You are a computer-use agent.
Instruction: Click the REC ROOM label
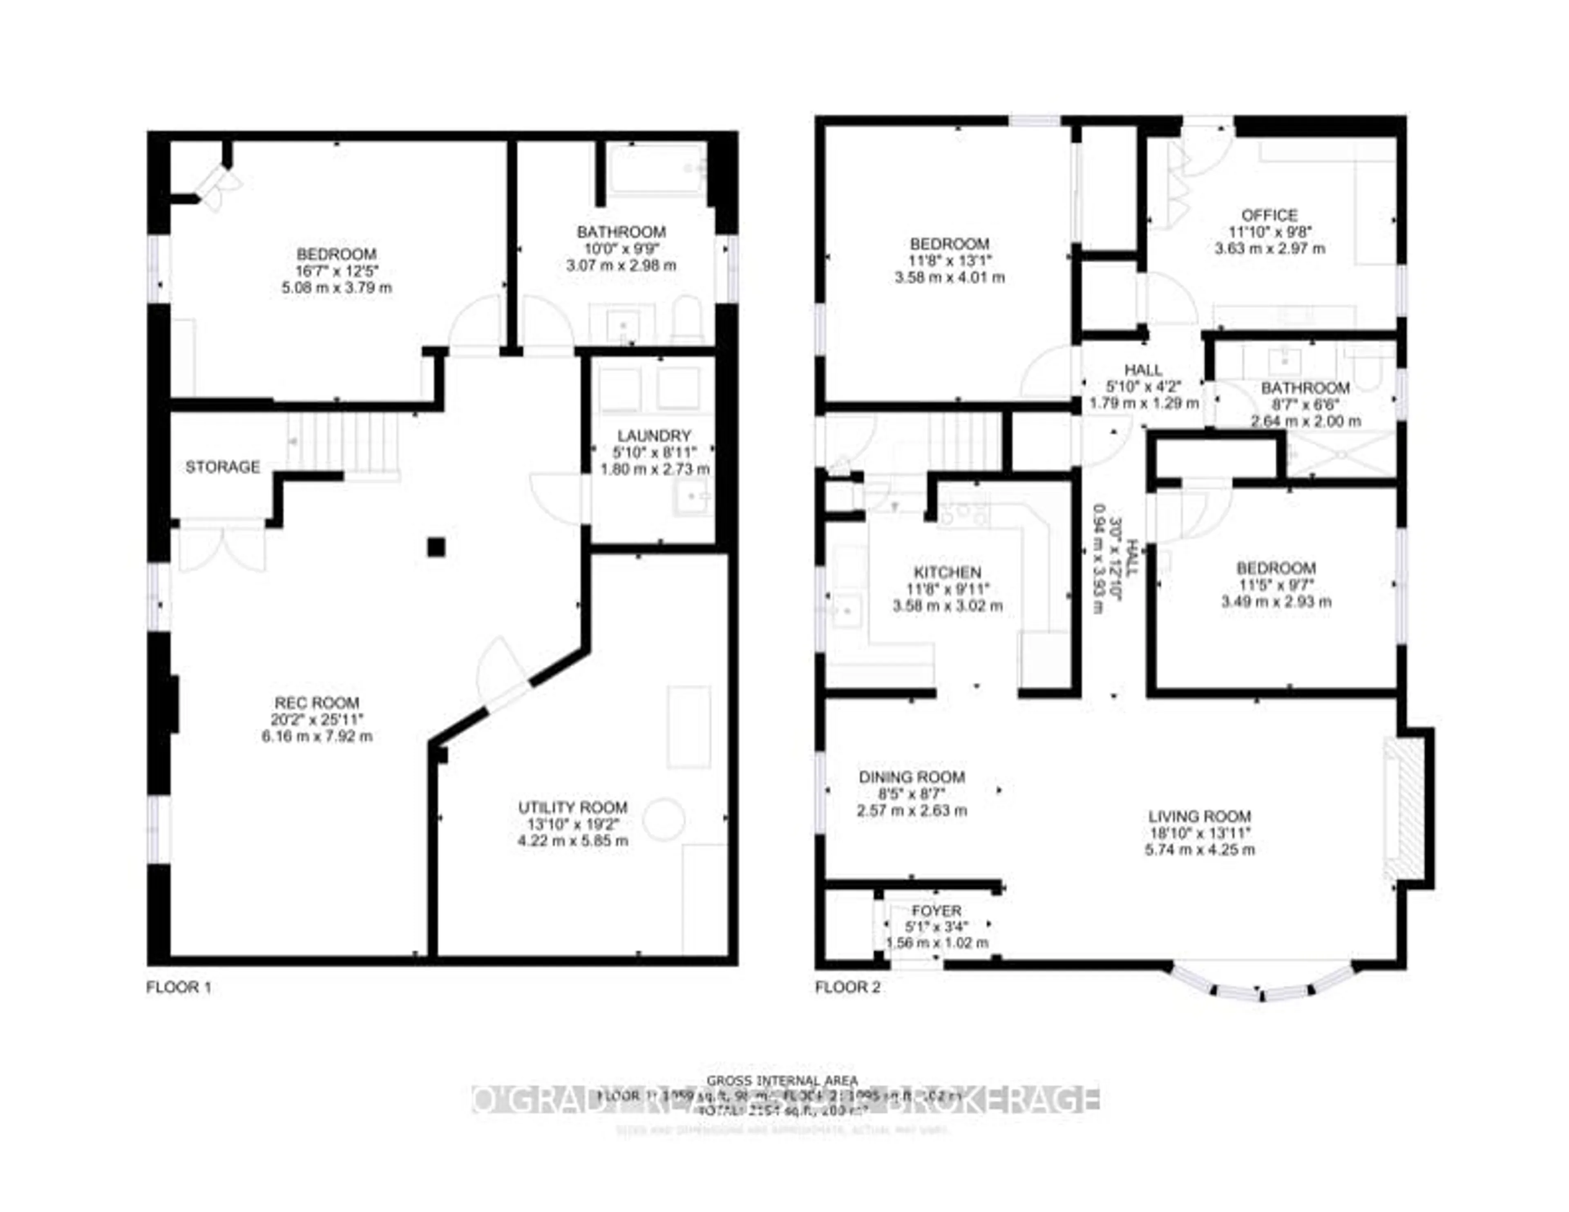317,703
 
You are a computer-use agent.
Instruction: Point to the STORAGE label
223,467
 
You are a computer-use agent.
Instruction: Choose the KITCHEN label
947,573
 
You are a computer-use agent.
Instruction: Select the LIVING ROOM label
1199,816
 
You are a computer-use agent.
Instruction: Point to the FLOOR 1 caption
179,987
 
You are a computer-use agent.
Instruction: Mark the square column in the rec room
436,547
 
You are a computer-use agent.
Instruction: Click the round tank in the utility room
663,819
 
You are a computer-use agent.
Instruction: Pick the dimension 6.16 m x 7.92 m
317,737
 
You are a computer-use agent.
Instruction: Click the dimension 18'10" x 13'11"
1199,833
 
